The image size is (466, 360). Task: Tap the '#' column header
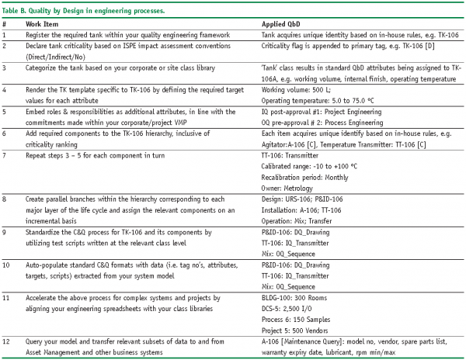click(x=5, y=25)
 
